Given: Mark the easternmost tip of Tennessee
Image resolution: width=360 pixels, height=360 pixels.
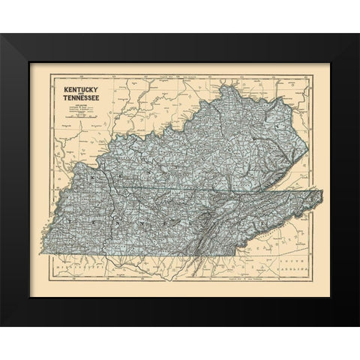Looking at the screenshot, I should [322, 193].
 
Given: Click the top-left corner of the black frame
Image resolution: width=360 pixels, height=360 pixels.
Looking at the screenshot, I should [1, 34].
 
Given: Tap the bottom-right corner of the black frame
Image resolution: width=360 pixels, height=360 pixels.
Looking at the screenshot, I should [358, 326].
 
